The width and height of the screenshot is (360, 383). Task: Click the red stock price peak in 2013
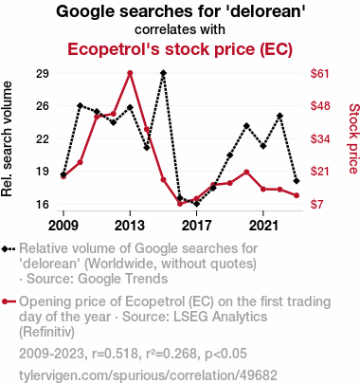click(x=130, y=73)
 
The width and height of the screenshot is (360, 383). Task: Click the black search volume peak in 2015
click(x=163, y=73)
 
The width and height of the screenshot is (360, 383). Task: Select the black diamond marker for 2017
click(x=196, y=204)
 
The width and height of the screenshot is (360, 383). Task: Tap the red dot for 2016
click(x=180, y=204)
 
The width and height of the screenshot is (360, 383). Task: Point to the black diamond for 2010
click(x=81, y=105)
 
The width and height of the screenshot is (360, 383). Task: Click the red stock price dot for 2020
click(x=246, y=173)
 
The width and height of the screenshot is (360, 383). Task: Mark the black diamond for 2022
click(x=279, y=116)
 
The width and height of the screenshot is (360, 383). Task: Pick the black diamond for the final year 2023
click(x=297, y=181)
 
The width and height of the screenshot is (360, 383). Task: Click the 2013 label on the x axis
click(x=130, y=226)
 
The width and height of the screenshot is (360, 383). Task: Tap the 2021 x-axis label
click(x=263, y=226)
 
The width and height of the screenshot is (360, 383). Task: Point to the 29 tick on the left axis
click(x=43, y=73)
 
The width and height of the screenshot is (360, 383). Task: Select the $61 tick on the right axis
click(x=320, y=73)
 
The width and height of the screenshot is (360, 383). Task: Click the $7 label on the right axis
click(x=316, y=204)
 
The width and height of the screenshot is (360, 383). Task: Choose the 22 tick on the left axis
click(x=43, y=138)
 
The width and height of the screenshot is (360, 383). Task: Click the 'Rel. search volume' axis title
click(x=7, y=139)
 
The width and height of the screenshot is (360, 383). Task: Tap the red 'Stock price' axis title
click(x=354, y=138)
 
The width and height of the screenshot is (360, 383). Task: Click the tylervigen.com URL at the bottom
click(x=148, y=375)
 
